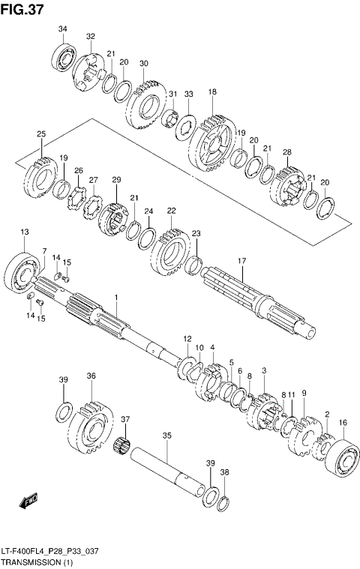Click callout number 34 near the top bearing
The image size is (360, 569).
coord(62,29)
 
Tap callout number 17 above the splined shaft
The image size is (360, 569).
coord(241,261)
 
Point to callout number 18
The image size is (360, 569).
coord(212,92)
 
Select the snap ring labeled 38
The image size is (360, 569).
coord(223,500)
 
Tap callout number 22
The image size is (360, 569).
coord(171,211)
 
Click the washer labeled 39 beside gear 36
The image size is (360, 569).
coord(64,412)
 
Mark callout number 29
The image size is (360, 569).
coord(116,180)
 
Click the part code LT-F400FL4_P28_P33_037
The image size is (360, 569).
coord(49,551)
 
